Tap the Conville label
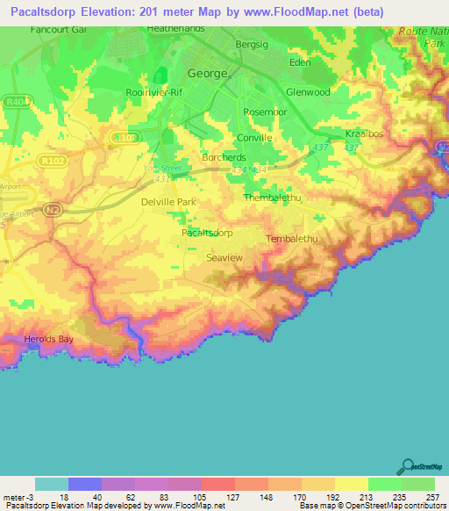click(x=254, y=138)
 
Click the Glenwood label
click(x=308, y=91)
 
